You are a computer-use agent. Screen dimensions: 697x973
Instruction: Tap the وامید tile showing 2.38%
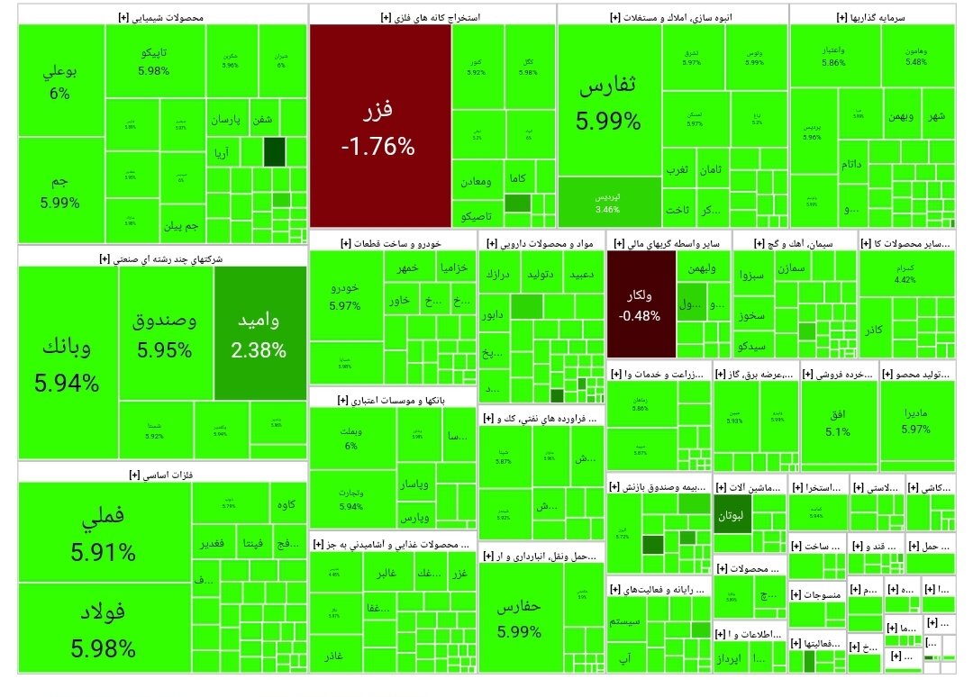point(259,334)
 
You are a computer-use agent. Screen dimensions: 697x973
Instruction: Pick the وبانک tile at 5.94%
point(67,365)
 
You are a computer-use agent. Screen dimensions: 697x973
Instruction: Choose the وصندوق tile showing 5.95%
point(165,334)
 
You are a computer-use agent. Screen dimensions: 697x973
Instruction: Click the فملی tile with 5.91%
point(104,532)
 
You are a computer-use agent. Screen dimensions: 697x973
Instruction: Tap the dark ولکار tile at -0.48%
point(640,305)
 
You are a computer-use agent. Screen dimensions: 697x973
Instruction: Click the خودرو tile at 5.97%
point(345,295)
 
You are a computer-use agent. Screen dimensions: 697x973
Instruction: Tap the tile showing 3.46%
point(609,202)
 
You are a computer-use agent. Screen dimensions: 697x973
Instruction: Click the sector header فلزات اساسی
point(162,475)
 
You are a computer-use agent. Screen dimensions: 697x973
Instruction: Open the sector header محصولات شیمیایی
point(162,17)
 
